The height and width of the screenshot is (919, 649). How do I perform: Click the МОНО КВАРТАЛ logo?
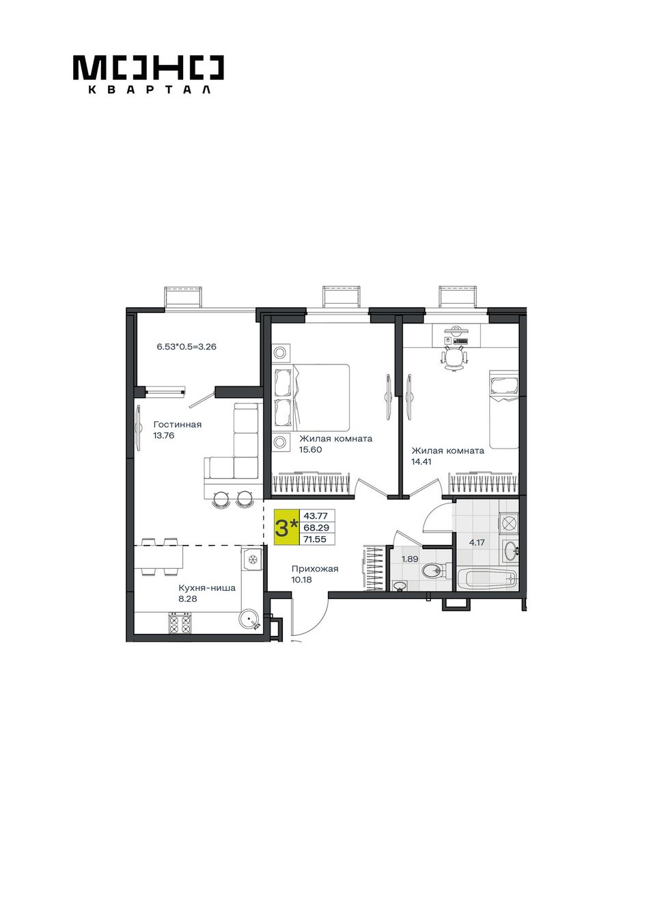(x=148, y=75)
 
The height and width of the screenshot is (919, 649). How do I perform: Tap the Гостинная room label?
(x=178, y=425)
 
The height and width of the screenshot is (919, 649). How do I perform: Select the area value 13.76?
(x=164, y=436)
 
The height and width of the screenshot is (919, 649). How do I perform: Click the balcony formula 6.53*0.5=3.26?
(x=187, y=347)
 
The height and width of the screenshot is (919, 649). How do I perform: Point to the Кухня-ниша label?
(x=206, y=588)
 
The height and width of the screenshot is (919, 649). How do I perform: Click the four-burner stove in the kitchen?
(x=180, y=623)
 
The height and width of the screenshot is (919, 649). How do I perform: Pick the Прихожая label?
(x=315, y=569)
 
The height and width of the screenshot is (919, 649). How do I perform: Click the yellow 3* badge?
(x=286, y=528)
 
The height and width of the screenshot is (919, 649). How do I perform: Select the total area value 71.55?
(x=315, y=540)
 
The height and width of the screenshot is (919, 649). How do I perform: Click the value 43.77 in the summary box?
(x=315, y=516)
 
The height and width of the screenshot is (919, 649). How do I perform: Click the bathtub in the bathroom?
(x=487, y=578)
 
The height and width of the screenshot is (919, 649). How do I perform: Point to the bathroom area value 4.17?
(x=477, y=542)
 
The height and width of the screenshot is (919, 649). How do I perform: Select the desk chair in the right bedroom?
(x=454, y=356)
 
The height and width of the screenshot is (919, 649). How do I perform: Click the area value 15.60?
(x=310, y=450)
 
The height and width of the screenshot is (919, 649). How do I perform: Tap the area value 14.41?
(x=422, y=462)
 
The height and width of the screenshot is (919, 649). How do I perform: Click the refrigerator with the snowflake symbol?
(x=251, y=559)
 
